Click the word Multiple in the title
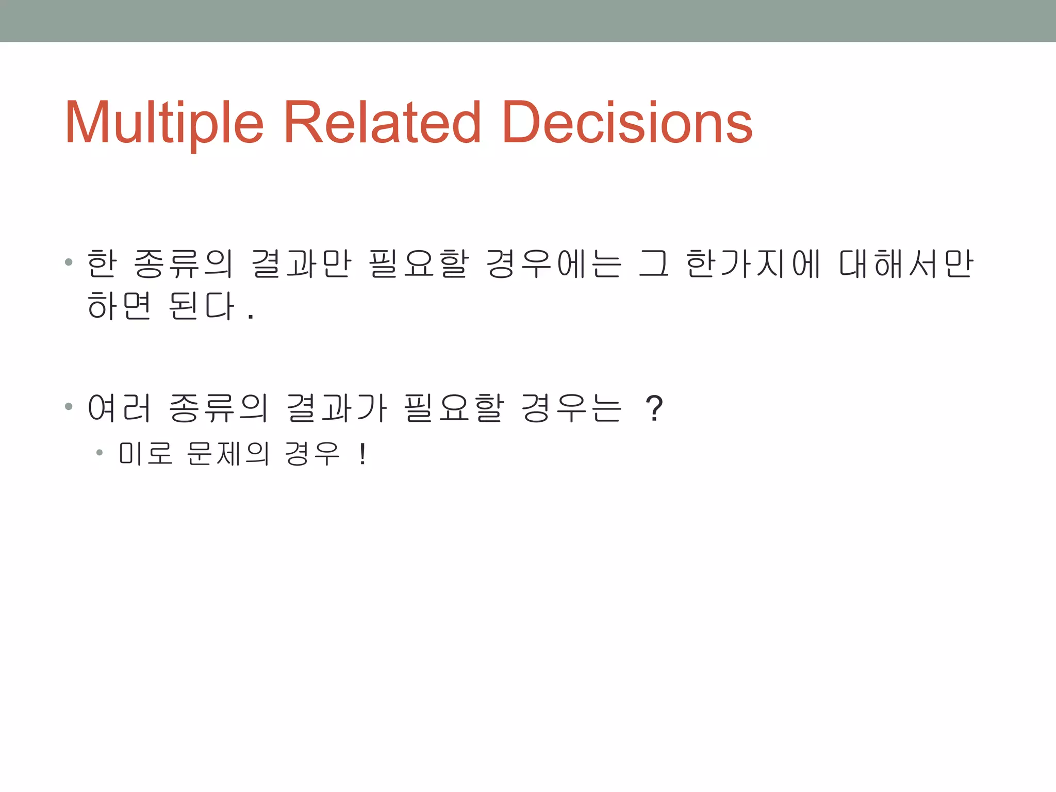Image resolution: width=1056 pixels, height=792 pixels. (164, 123)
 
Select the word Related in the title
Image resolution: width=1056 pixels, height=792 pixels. (382, 123)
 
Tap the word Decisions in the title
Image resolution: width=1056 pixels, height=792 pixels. (627, 123)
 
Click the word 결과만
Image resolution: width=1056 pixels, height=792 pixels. (301, 263)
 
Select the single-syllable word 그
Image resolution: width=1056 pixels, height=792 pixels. (654, 263)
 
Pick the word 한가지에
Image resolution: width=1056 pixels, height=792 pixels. (753, 263)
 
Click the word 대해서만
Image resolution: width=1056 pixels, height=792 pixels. (906, 263)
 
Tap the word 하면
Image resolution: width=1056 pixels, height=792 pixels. (119, 305)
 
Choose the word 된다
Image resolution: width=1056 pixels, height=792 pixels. (202, 305)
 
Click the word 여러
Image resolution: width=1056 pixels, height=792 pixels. (119, 408)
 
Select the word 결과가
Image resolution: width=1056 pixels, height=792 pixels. (336, 408)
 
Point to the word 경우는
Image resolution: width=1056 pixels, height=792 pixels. (571, 408)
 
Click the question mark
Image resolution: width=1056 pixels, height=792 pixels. (654, 408)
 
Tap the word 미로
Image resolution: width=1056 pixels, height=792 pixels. (145, 454)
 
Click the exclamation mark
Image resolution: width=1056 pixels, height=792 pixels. (362, 454)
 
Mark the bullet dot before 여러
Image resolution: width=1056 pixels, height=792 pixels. (69, 407)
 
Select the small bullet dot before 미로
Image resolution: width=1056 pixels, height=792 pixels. (100, 453)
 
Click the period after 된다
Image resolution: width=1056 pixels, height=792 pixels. (251, 317)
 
